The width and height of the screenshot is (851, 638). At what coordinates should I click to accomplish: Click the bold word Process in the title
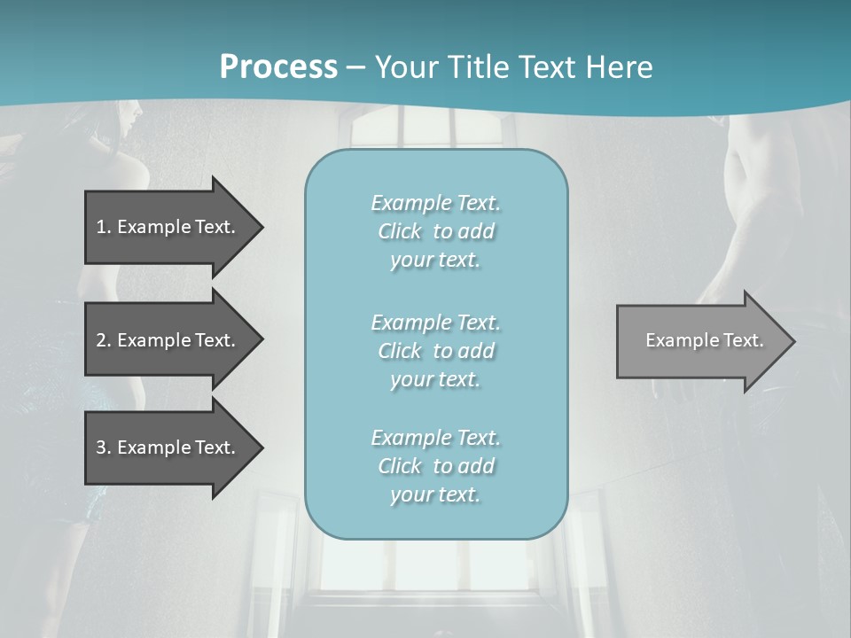pos(278,67)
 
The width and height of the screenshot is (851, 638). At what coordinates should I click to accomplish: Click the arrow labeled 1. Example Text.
pos(168,227)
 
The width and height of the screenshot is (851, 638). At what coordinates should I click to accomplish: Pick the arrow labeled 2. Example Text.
pos(168,340)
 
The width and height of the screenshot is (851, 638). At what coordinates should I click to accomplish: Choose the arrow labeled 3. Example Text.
pos(168,447)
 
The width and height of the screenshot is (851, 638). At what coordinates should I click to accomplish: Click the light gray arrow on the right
pos(700,341)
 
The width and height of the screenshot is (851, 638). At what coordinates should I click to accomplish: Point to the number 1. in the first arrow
pos(104,227)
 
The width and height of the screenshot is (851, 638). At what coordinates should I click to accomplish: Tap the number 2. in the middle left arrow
pos(104,340)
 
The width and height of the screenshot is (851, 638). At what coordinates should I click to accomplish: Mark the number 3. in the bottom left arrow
pos(104,447)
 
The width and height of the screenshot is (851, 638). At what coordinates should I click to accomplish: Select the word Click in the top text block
pos(400,231)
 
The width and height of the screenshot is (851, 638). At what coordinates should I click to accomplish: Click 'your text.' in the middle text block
pos(435,379)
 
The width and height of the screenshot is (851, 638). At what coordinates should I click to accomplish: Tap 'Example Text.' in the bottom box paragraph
pos(435,438)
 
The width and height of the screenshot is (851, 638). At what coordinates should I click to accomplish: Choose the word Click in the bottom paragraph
pos(400,466)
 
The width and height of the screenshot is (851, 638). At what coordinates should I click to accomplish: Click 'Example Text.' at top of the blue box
pos(435,203)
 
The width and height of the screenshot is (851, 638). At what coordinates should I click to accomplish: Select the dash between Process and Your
pos(355,67)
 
